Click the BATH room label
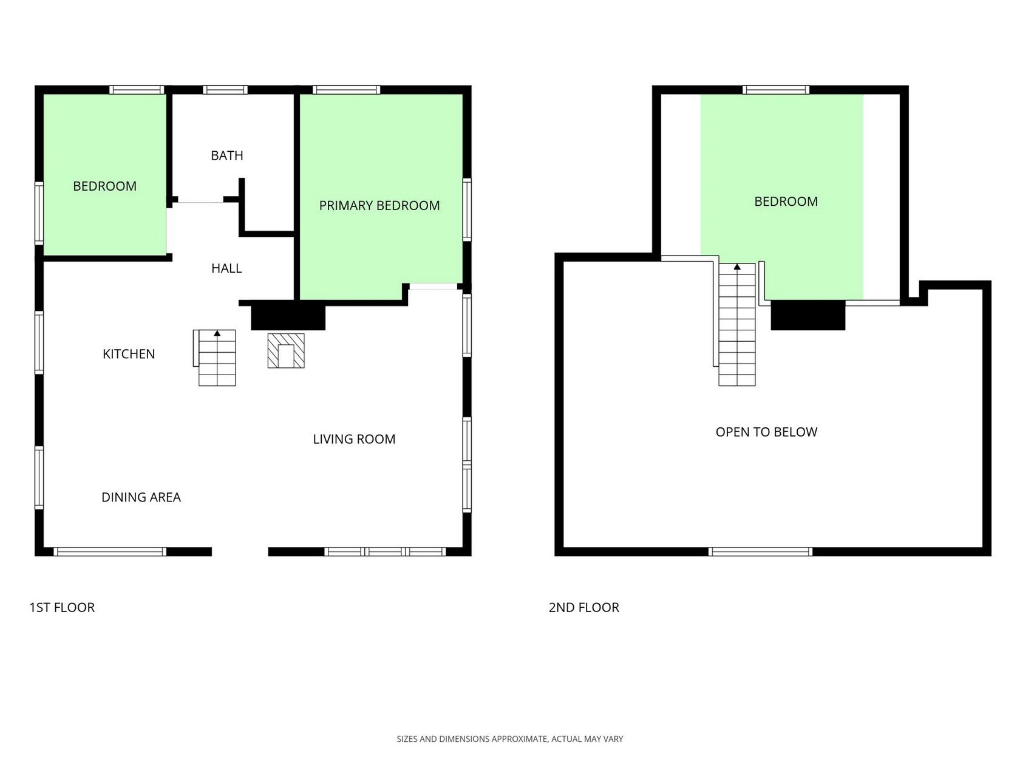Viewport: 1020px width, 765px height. (227, 155)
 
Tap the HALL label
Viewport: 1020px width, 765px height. (226, 268)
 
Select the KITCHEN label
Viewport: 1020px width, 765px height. (129, 354)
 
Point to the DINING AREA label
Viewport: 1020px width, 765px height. (141, 497)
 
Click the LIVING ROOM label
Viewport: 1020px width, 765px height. (354, 439)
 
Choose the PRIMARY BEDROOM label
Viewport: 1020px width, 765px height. (379, 205)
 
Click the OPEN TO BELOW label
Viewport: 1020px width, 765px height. (766, 432)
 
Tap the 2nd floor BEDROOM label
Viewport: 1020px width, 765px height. (786, 202)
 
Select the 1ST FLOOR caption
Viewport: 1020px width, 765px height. (62, 608)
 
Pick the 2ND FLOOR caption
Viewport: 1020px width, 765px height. (583, 608)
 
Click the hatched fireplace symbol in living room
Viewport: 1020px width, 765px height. (286, 351)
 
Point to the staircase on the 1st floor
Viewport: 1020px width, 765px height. (215, 358)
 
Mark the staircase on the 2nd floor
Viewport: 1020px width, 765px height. (736, 325)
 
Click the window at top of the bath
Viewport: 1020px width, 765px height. (225, 90)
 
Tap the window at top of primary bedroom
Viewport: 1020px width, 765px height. (346, 90)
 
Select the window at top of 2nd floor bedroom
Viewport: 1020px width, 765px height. (775, 90)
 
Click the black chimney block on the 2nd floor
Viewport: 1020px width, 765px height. (807, 315)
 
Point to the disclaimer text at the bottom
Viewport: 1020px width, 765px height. (510, 739)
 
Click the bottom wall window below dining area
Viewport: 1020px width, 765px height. (110, 552)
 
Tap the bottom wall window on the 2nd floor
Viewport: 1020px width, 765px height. (760, 552)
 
